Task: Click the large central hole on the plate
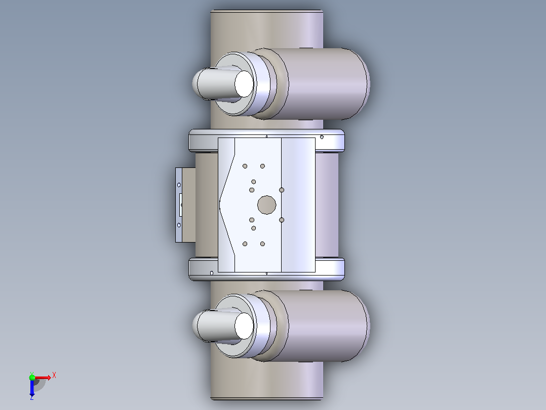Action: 267,205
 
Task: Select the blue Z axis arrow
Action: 32,388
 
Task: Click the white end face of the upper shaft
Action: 244,84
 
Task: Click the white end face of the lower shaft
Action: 244,326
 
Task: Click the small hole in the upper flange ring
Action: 322,137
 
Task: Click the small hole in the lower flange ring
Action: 212,273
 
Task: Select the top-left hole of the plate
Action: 245,166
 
